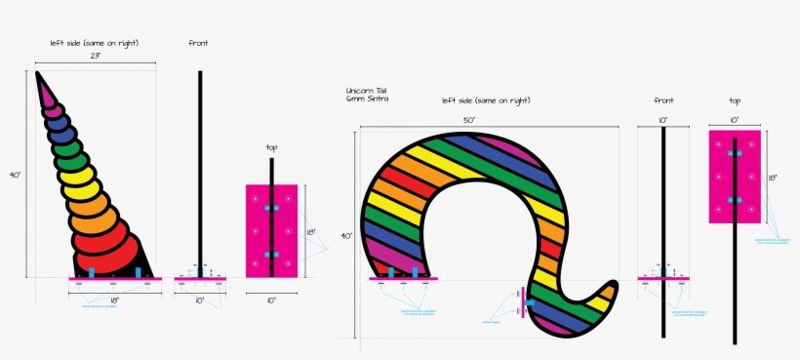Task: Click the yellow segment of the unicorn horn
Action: point(77,176)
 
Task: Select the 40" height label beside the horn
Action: point(16,174)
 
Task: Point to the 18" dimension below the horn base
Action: point(114,300)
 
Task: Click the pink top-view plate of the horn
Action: point(271,230)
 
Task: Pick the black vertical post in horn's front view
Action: point(200,166)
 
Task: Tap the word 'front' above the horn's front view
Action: point(198,43)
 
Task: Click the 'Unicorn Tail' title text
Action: point(367,91)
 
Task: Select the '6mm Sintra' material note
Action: point(365,100)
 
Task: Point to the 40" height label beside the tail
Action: point(347,235)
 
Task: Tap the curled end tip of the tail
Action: point(610,290)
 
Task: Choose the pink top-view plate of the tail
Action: point(735,177)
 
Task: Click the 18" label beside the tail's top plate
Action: point(773,179)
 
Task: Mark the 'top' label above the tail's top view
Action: point(735,100)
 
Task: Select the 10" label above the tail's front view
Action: point(663,120)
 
